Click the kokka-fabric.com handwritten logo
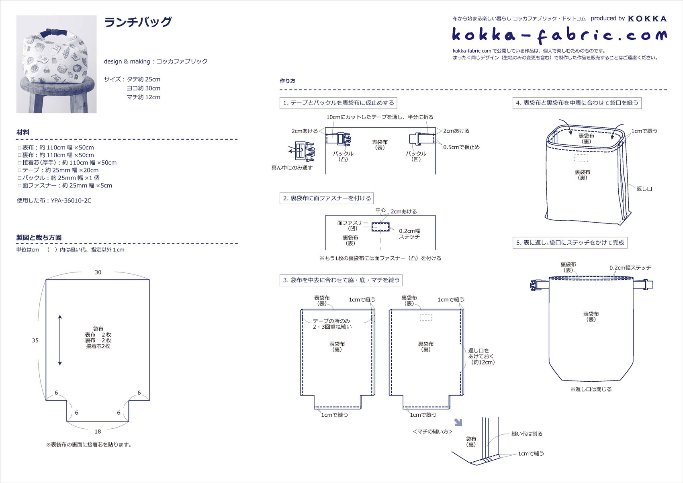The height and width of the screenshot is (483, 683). pos(559,35)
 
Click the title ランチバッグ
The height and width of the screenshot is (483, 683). pos(138,22)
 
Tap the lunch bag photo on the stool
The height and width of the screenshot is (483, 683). pos(56,64)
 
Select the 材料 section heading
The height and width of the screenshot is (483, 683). pos(23,132)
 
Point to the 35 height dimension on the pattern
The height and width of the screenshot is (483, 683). pos(35,340)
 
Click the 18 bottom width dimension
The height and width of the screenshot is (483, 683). pos(98,432)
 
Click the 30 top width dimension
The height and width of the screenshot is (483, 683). pos(98,272)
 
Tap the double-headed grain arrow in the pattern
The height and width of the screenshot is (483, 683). pos(60,340)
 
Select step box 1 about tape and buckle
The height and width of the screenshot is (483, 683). pos(338,103)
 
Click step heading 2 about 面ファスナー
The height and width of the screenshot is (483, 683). pos(327,198)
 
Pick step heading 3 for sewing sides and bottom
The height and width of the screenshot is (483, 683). pos(341,280)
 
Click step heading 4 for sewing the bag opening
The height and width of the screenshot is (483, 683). pos(577,103)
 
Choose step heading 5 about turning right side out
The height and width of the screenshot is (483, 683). pos(570,243)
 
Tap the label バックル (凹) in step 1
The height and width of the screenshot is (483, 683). pos(416,156)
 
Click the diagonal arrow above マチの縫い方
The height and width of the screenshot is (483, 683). pos(458,422)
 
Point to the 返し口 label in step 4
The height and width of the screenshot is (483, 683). pos(644,188)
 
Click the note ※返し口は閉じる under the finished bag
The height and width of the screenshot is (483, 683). pos(591,389)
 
